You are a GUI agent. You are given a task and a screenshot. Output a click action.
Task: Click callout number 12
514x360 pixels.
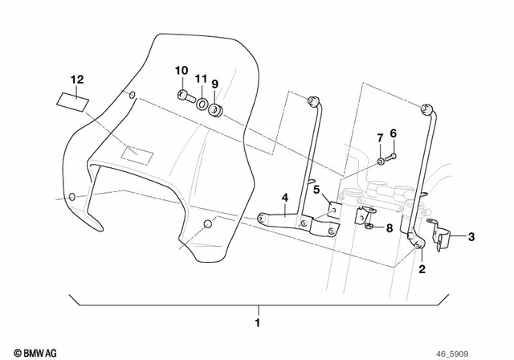[x=76, y=79]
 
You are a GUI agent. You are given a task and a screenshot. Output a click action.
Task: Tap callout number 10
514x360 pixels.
[x=181, y=70]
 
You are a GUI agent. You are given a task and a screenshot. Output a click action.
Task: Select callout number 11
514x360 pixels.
[x=199, y=81]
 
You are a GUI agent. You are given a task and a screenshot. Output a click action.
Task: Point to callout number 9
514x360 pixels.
[x=215, y=83]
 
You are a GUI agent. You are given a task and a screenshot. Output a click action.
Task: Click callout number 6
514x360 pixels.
[x=393, y=133]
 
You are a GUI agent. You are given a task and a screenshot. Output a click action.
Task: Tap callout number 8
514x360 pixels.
[x=390, y=227]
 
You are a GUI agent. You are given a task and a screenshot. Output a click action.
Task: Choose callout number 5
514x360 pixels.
[x=316, y=190]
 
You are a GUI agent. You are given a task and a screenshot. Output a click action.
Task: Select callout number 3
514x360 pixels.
[x=471, y=236]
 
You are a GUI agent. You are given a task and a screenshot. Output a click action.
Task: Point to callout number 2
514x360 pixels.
[x=422, y=271]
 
